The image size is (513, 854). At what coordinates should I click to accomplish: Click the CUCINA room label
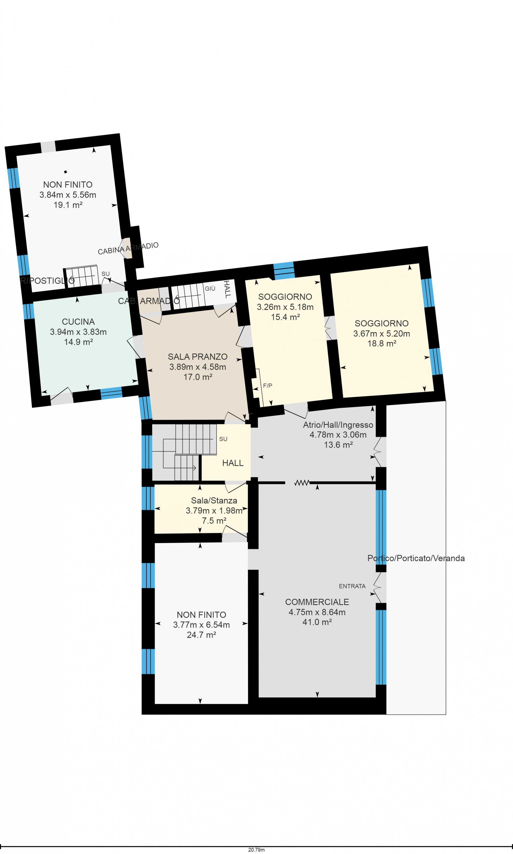coord(78,322)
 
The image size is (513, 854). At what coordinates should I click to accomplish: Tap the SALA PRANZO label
coord(198,357)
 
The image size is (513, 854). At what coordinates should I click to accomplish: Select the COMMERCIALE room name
coord(317,602)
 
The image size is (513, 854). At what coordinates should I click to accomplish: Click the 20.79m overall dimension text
coord(256,849)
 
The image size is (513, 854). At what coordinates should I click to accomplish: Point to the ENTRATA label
coord(352,586)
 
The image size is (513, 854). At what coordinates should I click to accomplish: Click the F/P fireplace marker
coord(267,386)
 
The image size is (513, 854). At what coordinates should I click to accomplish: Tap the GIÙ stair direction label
coord(210,288)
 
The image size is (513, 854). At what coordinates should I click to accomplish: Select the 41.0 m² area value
coord(317,622)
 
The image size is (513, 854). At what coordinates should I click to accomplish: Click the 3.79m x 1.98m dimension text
coord(214,510)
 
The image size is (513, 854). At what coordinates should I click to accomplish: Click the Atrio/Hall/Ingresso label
coord(338,425)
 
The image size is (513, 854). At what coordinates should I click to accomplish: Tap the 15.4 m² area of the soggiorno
coord(285,317)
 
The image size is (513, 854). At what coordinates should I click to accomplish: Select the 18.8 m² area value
coord(382,344)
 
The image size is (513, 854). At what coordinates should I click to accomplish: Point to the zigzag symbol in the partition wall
coord(302,483)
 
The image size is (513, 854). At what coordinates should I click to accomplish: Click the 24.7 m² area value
coord(201,635)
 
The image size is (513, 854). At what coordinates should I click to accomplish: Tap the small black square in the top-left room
coord(65,172)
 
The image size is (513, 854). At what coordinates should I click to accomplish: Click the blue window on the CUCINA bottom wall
coord(111,393)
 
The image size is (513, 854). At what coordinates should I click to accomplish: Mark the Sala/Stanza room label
coord(214,500)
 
